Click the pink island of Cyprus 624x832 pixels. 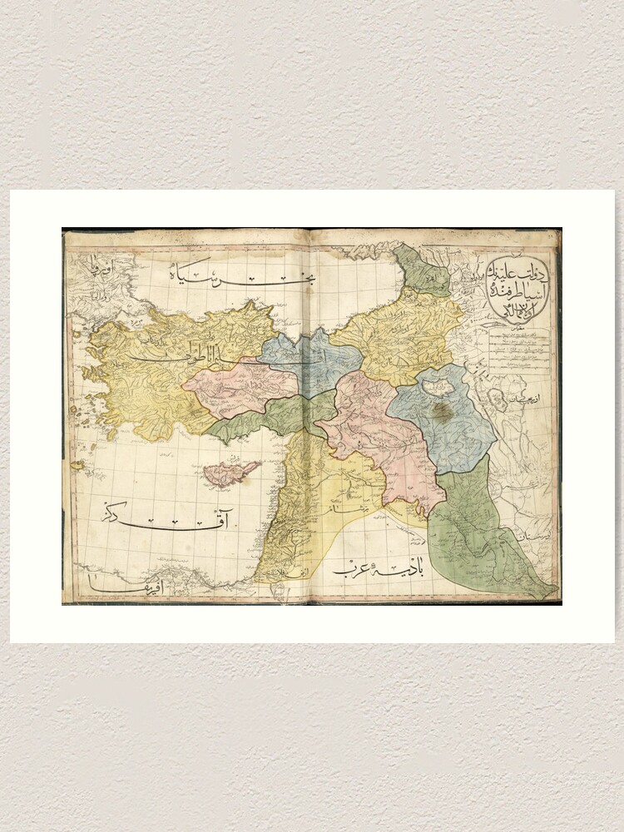(229, 473)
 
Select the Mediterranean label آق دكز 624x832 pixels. (166, 520)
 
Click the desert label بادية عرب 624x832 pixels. (379, 570)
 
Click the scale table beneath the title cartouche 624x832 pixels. (519, 346)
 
